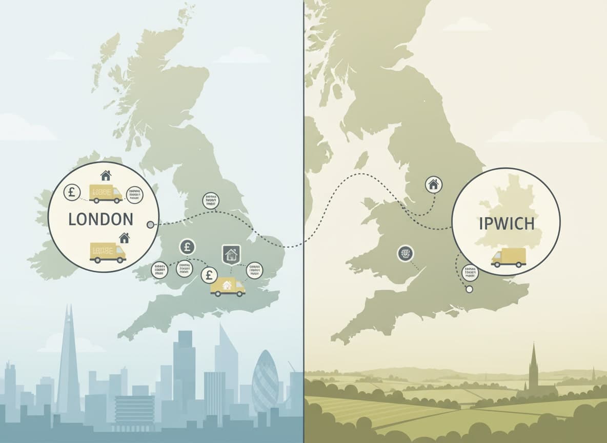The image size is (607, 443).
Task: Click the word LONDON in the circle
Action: point(100,219)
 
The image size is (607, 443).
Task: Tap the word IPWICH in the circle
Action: point(505,224)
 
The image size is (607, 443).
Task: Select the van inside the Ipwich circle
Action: point(509,257)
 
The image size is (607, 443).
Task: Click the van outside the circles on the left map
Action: point(228,287)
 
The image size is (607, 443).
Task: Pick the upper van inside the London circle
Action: point(106,193)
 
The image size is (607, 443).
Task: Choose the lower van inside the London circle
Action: point(108,253)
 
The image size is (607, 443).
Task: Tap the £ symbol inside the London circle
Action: point(72,193)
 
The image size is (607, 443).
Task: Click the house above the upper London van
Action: point(106,175)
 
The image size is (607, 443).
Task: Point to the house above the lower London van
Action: point(124,237)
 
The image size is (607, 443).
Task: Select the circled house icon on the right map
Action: point(434,185)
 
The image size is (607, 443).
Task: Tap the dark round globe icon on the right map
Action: point(406,253)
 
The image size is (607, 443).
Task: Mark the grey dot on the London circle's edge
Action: point(150,225)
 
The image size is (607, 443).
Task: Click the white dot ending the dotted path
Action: point(469,289)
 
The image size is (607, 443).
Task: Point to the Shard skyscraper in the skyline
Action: point(68,359)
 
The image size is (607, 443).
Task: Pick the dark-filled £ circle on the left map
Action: point(187,247)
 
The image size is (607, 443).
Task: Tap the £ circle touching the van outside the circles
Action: point(209,275)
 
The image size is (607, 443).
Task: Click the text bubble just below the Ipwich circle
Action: point(470,272)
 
